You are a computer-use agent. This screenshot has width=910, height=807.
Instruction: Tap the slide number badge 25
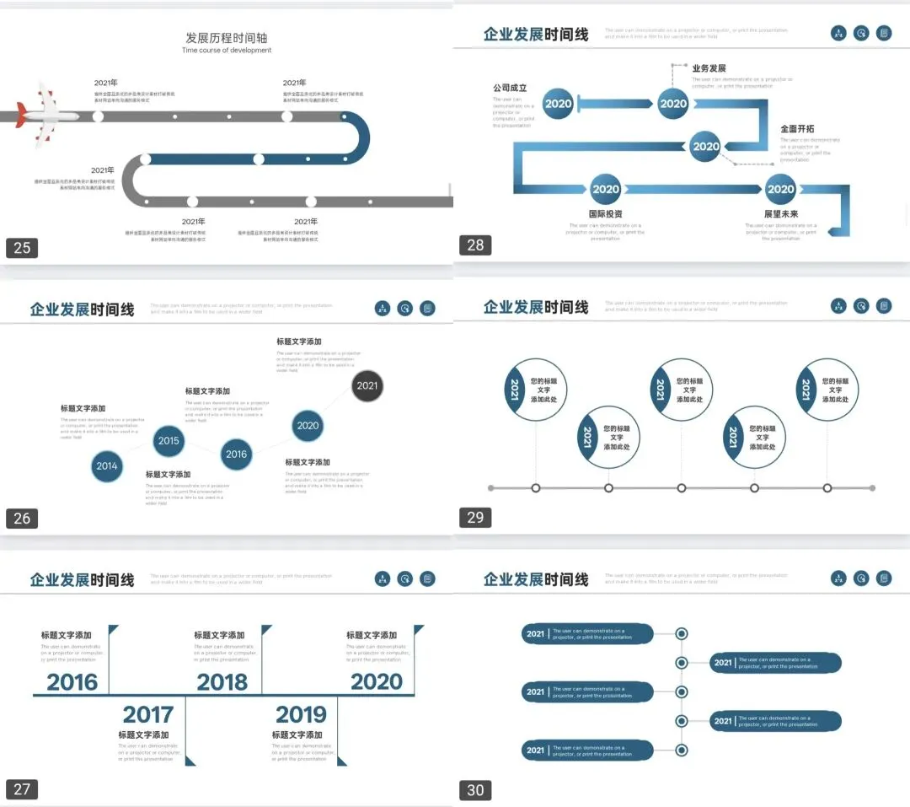22,247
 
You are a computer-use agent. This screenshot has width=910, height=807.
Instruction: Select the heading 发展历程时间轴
227,38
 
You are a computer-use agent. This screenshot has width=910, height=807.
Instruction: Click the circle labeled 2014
107,466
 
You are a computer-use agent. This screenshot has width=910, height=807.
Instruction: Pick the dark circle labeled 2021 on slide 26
367,386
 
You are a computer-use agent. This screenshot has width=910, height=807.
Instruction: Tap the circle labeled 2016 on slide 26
236,455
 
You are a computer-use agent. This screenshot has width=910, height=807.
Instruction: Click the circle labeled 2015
169,440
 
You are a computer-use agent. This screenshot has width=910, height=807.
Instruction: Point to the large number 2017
147,715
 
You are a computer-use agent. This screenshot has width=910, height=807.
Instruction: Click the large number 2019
301,715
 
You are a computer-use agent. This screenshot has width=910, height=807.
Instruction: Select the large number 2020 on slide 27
377,682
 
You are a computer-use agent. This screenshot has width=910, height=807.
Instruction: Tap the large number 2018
222,682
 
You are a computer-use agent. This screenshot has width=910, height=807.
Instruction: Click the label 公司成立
510,88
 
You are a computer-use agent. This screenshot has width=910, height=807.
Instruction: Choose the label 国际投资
605,214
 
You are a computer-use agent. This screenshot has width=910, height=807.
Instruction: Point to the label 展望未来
780,214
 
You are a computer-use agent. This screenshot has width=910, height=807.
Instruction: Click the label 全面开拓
797,129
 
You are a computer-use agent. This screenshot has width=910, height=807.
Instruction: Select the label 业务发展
709,68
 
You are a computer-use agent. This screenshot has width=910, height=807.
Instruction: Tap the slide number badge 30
475,790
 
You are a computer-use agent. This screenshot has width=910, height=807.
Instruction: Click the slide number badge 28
475,245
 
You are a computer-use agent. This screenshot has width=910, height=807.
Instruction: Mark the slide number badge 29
475,518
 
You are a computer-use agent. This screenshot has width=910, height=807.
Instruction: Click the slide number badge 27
22,790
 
